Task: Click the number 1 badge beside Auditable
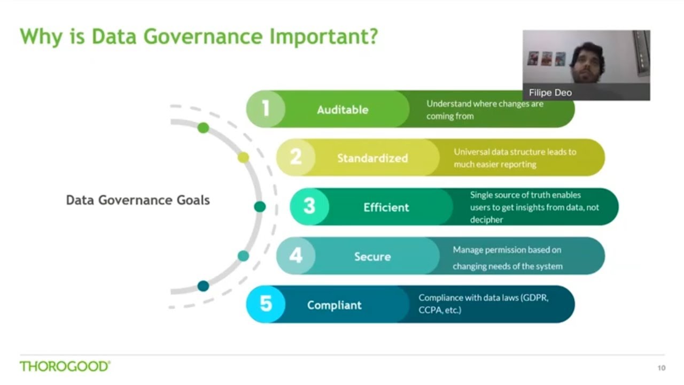(266, 109)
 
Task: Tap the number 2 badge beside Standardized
(296, 158)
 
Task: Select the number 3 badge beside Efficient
(309, 206)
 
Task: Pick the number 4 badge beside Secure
(296, 256)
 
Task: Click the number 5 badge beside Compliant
(266, 304)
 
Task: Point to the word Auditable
(343, 110)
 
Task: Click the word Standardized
(372, 158)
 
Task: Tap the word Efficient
(386, 207)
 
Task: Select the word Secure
(372, 257)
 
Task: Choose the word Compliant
(335, 305)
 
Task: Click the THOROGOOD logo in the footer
(65, 366)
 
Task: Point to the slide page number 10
(662, 368)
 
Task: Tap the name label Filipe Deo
(550, 93)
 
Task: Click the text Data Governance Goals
(138, 200)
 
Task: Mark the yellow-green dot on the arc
(243, 157)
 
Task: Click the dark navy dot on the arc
(203, 286)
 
